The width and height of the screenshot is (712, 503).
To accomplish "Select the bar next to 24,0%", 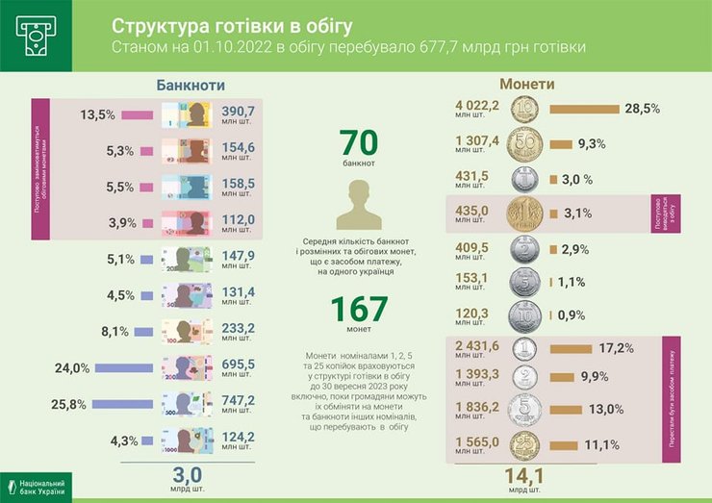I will click(131, 366).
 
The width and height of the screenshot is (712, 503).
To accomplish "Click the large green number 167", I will click(360, 310).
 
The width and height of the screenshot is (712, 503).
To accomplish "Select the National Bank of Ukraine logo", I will click(36, 486).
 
